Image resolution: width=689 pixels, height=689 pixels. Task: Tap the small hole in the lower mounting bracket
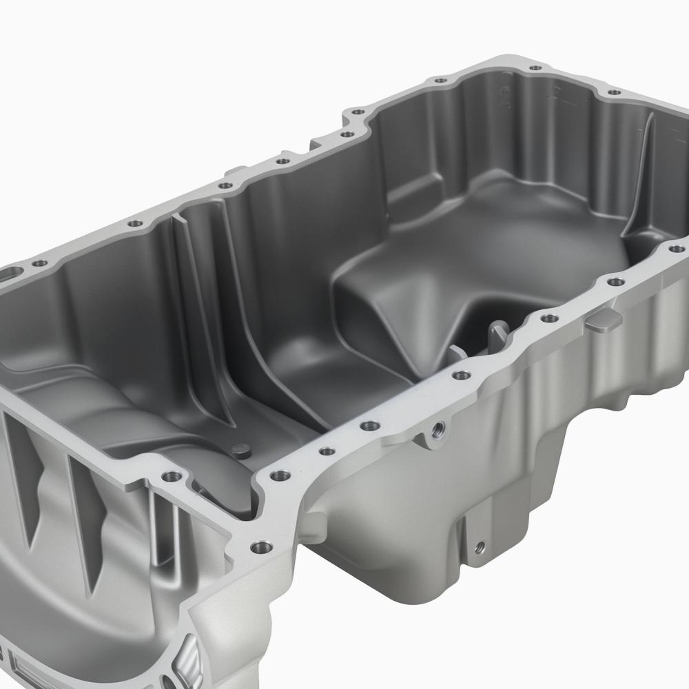(480, 546)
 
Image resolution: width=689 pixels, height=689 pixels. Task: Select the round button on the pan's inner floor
(240, 449)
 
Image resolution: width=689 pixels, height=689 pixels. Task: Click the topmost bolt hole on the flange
(534, 69)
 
